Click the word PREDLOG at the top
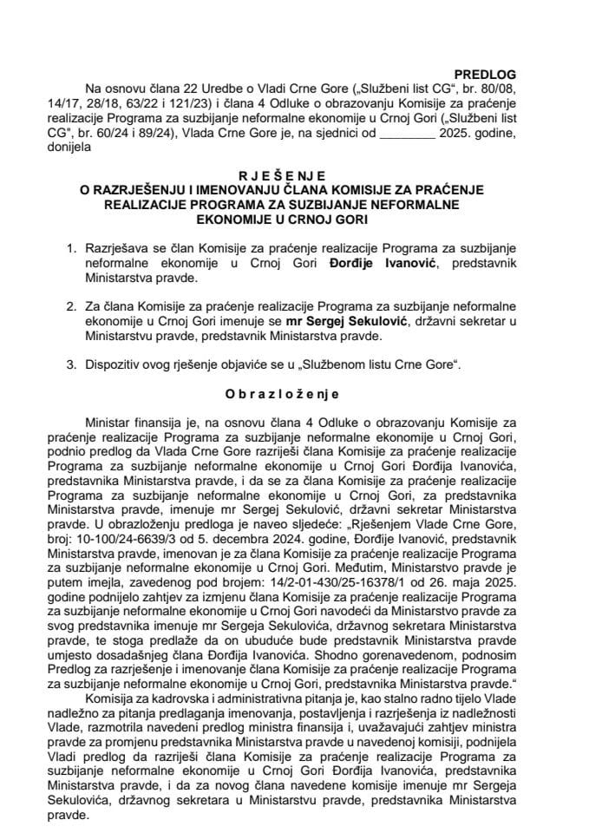[488, 75]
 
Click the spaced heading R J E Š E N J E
[293, 174]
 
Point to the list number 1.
[72, 248]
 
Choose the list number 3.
[72, 365]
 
